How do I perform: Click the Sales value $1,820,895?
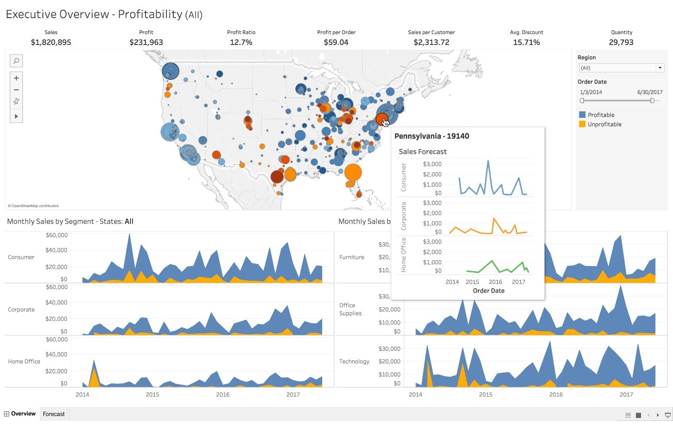(x=51, y=42)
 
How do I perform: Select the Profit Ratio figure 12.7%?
(x=241, y=42)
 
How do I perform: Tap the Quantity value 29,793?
(x=621, y=42)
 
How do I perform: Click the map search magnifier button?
(x=16, y=61)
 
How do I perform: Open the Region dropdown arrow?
(x=660, y=68)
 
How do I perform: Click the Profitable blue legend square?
(x=582, y=114)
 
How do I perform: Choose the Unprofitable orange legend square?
(x=582, y=124)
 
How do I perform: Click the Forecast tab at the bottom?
(x=54, y=414)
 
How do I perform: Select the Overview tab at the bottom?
(x=20, y=414)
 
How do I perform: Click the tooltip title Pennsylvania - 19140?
(x=432, y=136)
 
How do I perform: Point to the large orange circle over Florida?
(x=353, y=172)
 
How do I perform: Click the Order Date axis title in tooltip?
(x=488, y=290)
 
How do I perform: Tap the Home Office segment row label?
(x=24, y=361)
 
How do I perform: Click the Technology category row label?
(x=354, y=361)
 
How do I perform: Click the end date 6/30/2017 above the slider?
(x=649, y=92)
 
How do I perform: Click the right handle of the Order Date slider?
(x=652, y=101)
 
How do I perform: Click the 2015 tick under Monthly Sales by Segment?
(x=152, y=394)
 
